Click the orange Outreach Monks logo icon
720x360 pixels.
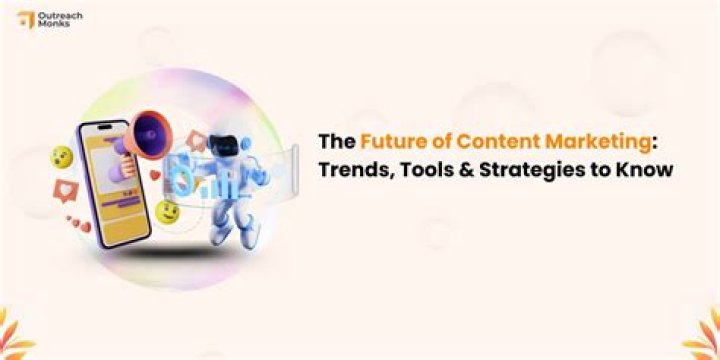pyautogui.click(x=24, y=19)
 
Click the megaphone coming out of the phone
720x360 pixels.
pyautogui.click(x=154, y=131)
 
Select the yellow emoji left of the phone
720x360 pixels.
pyautogui.click(x=61, y=156)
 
